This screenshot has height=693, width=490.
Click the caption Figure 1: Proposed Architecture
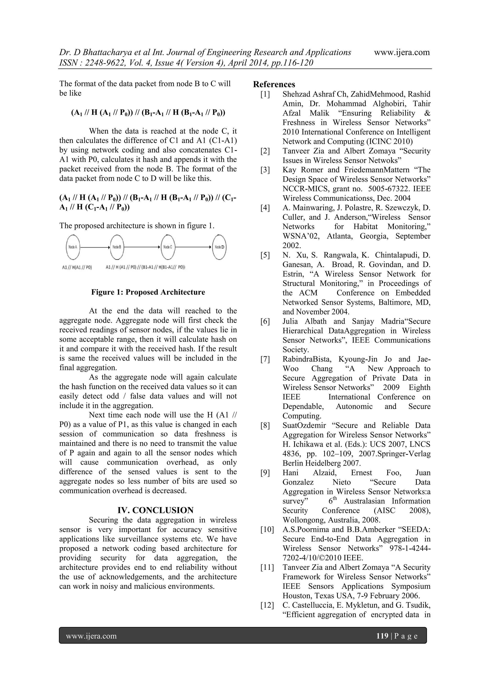coord(148,292)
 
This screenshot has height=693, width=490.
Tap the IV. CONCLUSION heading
coord(155,510)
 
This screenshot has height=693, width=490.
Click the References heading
coord(274,84)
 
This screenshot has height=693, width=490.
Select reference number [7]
coord(265,359)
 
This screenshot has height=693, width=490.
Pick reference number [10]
coord(267,530)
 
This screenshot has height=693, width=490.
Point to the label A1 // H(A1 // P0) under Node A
coord(77,267)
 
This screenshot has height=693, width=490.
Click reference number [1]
coord(265,94)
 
